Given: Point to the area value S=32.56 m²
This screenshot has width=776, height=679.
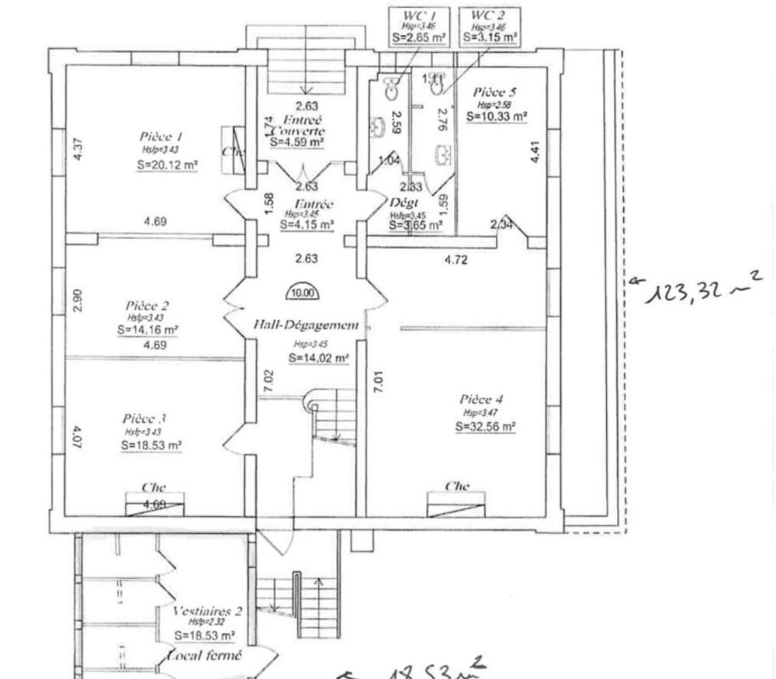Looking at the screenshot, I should tap(487, 426).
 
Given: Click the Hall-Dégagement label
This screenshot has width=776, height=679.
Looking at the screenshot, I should tap(306, 327).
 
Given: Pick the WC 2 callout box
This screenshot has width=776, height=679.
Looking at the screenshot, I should tap(489, 26).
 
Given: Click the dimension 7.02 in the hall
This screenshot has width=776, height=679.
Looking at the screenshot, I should tap(268, 380).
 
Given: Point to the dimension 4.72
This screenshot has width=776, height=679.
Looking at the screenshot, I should tap(456, 260).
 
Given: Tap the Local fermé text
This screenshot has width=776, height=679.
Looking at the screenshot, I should tap(206, 656).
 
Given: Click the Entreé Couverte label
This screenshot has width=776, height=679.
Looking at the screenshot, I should tap(297, 126).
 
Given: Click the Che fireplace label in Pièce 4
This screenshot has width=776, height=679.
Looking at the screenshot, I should tap(457, 487).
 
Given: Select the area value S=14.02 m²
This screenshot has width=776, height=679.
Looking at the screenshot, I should tap(318, 358).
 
